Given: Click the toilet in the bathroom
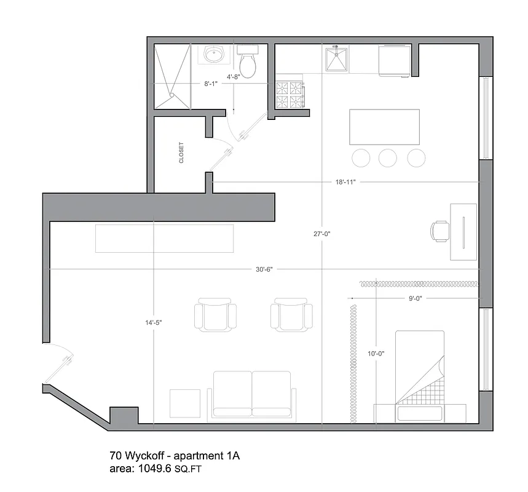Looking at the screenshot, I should (x=248, y=64).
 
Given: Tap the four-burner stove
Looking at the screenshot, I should (x=289, y=94).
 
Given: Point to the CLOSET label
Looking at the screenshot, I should (x=181, y=153).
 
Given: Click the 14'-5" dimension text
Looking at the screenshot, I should (x=153, y=322).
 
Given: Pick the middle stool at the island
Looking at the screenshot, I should (x=388, y=158).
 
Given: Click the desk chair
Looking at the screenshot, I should (x=439, y=231).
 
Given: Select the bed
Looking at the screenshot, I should (x=419, y=369).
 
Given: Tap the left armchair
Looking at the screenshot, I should (x=215, y=315).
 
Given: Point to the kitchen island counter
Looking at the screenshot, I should (x=385, y=127).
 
